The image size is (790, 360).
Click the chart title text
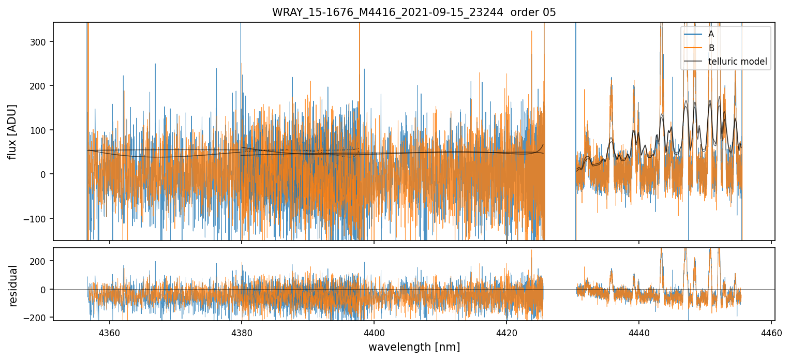(414, 12)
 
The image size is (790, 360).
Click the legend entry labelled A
(711, 34)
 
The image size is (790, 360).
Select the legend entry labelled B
(711, 48)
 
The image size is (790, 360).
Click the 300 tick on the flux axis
(41, 42)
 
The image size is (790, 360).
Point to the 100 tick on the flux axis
(41, 130)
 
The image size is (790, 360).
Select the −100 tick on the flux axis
(38, 218)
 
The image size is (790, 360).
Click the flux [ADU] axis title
(12, 131)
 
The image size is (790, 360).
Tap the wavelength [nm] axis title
(414, 347)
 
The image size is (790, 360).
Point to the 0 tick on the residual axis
(46, 289)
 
